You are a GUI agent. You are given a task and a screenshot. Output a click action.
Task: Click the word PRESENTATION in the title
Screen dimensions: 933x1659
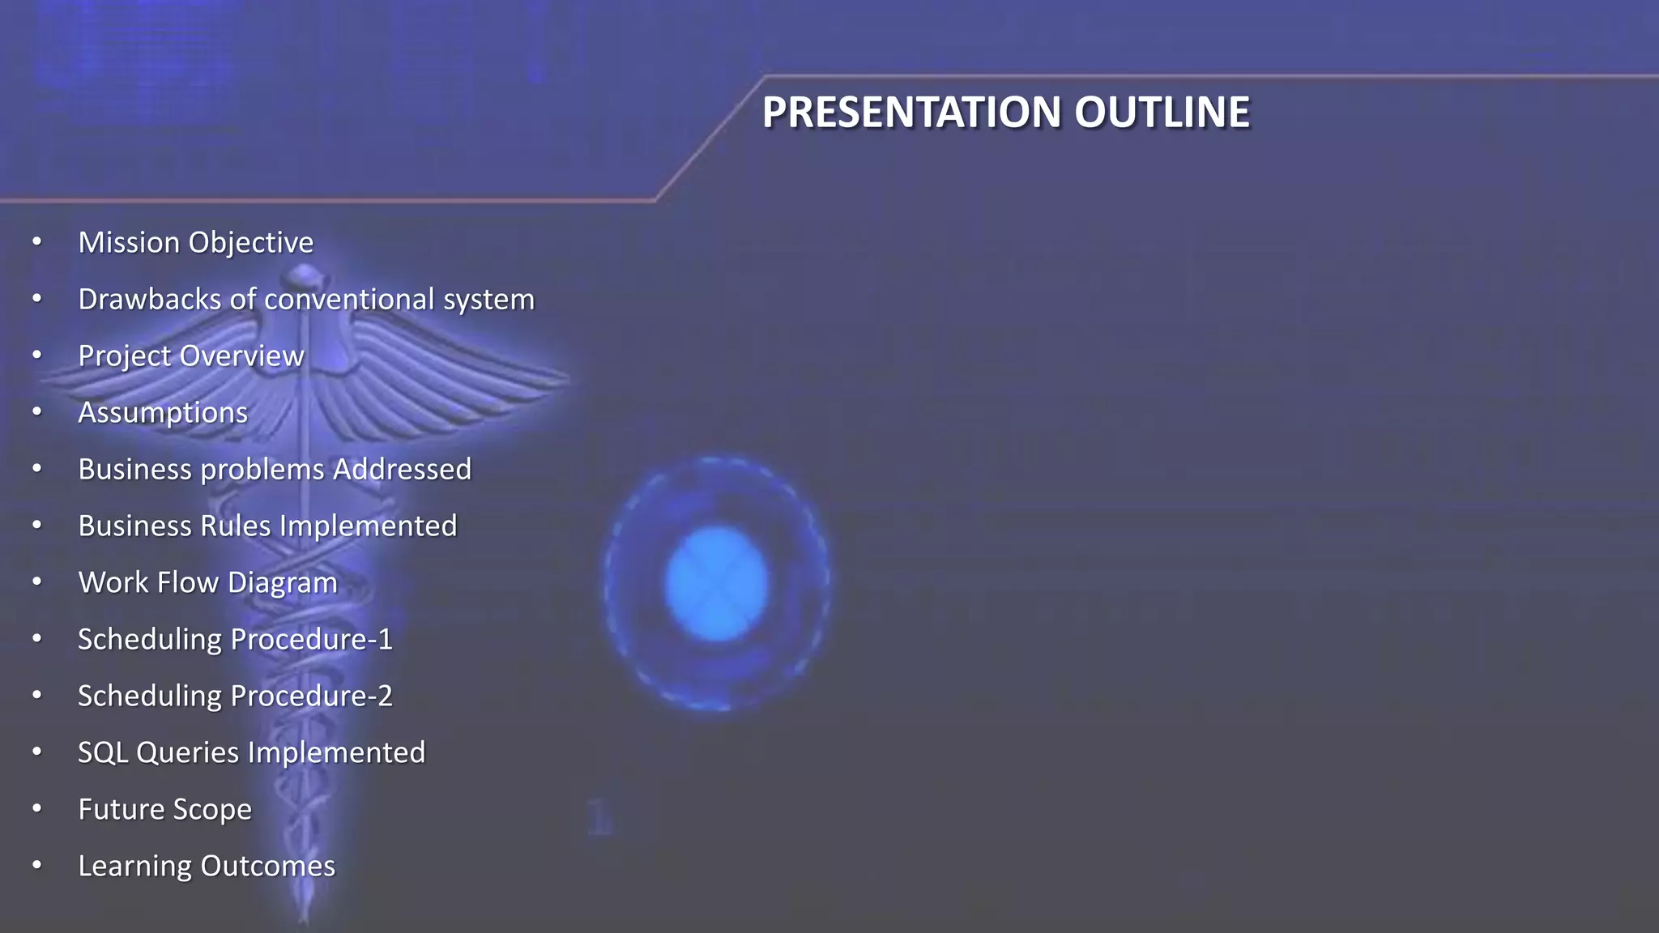click(x=911, y=112)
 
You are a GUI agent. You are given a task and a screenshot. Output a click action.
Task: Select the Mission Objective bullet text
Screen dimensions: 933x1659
click(x=195, y=242)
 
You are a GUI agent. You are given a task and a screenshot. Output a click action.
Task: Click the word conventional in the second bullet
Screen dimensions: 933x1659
click(x=349, y=299)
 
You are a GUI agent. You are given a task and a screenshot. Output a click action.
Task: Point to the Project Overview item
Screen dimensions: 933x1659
click(x=190, y=356)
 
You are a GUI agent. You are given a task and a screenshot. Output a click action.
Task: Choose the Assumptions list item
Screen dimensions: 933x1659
click(x=163, y=412)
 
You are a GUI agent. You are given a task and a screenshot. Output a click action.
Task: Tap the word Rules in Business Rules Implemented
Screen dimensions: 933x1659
click(x=236, y=526)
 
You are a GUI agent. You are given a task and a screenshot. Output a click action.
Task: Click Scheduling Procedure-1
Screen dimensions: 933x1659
click(x=235, y=639)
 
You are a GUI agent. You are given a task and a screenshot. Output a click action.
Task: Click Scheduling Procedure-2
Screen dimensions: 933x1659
click(x=235, y=696)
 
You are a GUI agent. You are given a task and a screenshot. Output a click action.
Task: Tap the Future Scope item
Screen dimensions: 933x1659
click(x=164, y=809)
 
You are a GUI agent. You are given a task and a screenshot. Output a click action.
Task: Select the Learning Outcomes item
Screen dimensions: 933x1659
click(x=207, y=866)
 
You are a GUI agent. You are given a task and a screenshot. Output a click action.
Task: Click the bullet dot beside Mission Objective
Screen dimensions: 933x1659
click(x=36, y=241)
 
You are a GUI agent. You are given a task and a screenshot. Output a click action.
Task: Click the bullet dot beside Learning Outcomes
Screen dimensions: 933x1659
click(x=36, y=865)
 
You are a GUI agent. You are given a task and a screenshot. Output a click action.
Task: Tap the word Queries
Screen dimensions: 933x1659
click(x=187, y=752)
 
